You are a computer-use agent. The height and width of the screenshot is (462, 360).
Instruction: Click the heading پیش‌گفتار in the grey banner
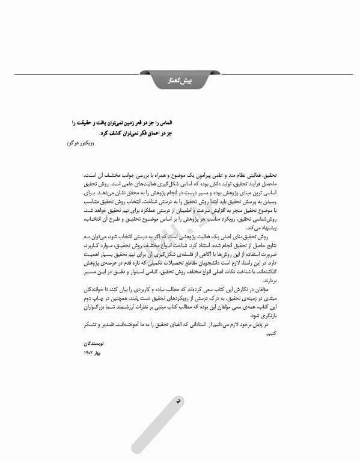(x=180, y=80)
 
